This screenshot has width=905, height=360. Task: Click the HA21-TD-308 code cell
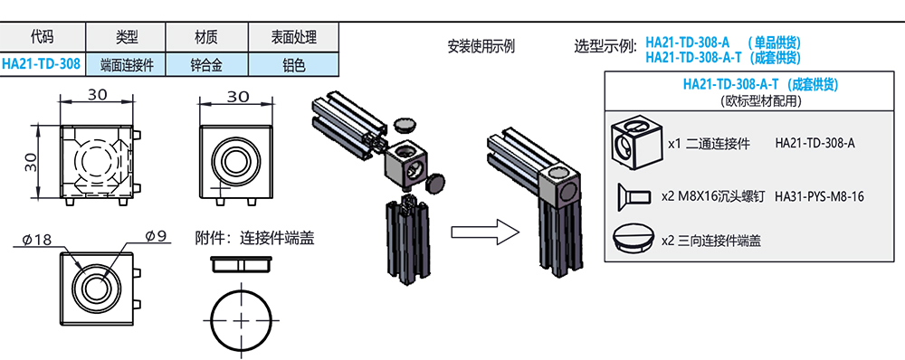point(42,63)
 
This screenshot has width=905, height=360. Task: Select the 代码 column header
point(42,38)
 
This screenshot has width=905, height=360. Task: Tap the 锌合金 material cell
point(206,64)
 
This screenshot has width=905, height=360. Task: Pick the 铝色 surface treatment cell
point(293,64)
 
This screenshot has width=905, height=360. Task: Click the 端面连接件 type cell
point(126,64)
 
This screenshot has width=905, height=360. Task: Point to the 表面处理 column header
point(293,38)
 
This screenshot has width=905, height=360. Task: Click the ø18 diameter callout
point(36,240)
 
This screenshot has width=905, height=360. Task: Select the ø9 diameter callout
point(156,236)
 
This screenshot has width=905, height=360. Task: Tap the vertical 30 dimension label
point(31,162)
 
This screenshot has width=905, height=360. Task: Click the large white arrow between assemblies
point(485,232)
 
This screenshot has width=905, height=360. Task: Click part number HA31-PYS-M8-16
point(820,196)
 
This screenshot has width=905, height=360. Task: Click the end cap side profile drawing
point(242,264)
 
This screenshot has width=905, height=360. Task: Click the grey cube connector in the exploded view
point(405,165)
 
